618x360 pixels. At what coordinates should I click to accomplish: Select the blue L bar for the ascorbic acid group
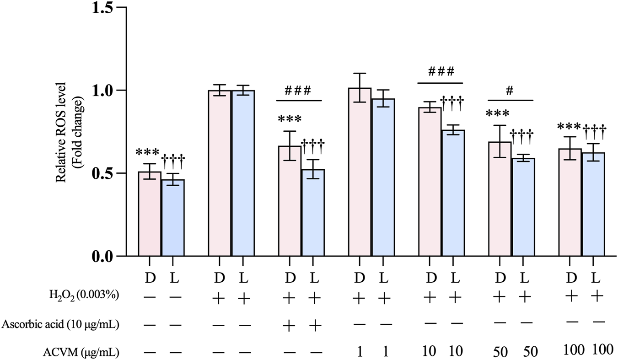(312, 213)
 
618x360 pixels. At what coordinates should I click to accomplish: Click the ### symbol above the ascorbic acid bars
(299, 90)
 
